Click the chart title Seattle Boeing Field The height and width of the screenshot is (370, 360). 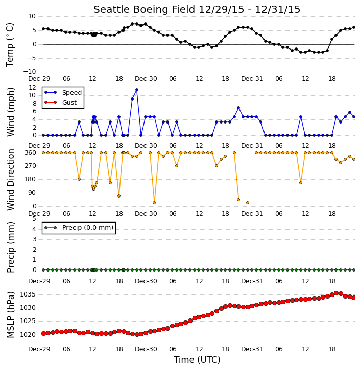pos(144,9)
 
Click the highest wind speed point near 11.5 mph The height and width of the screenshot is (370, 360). pos(137,90)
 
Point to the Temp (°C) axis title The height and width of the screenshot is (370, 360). pos(10,45)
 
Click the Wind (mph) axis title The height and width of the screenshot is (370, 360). pos(10,112)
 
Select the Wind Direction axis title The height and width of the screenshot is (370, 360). pos(10,180)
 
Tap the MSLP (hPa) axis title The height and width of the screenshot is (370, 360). pos(10,315)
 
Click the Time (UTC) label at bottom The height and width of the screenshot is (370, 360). pos(197,360)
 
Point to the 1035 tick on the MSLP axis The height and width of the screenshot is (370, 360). pos(28,294)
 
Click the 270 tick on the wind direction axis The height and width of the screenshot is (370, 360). pos(31,166)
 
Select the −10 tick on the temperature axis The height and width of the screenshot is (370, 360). pos(29,72)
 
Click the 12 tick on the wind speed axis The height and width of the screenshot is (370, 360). pos(32,88)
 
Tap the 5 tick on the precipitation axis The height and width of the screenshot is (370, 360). pos(34,219)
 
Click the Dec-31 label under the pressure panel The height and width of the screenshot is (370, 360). pos(252,349)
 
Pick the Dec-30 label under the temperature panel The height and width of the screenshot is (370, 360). pos(146,79)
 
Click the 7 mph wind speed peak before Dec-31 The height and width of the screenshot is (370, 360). pos(238,108)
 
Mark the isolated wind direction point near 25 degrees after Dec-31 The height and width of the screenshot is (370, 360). pos(248,203)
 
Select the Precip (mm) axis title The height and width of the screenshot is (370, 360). pos(10,247)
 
